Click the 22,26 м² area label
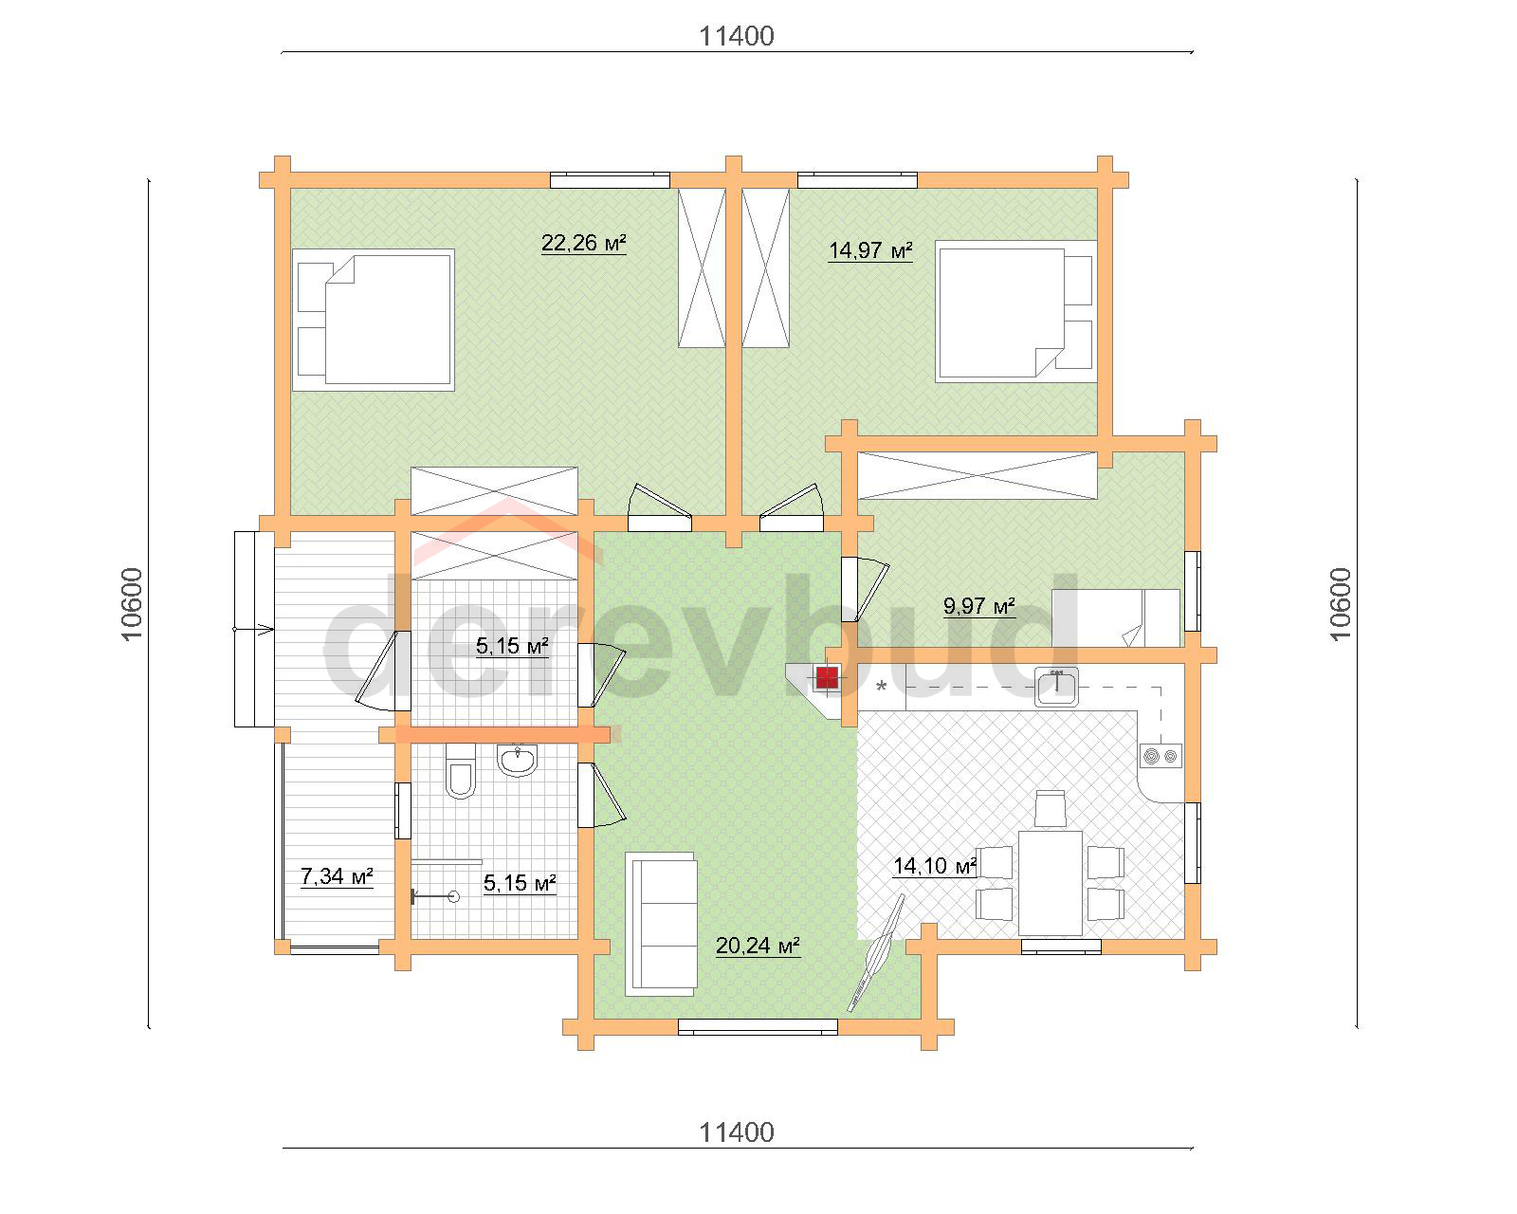584,243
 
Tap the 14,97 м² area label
870,250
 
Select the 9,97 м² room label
979,606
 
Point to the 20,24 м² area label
758,946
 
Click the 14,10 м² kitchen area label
935,866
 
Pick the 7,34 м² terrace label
337,876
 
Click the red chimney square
828,678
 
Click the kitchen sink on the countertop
1056,687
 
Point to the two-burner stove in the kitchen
1161,756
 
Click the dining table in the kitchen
1051,882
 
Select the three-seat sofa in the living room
661,924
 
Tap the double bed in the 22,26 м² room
374,320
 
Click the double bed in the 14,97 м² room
1015,311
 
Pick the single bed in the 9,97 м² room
1115,618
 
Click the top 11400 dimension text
737,36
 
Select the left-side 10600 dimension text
133,604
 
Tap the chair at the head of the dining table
1051,808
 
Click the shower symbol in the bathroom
435,896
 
